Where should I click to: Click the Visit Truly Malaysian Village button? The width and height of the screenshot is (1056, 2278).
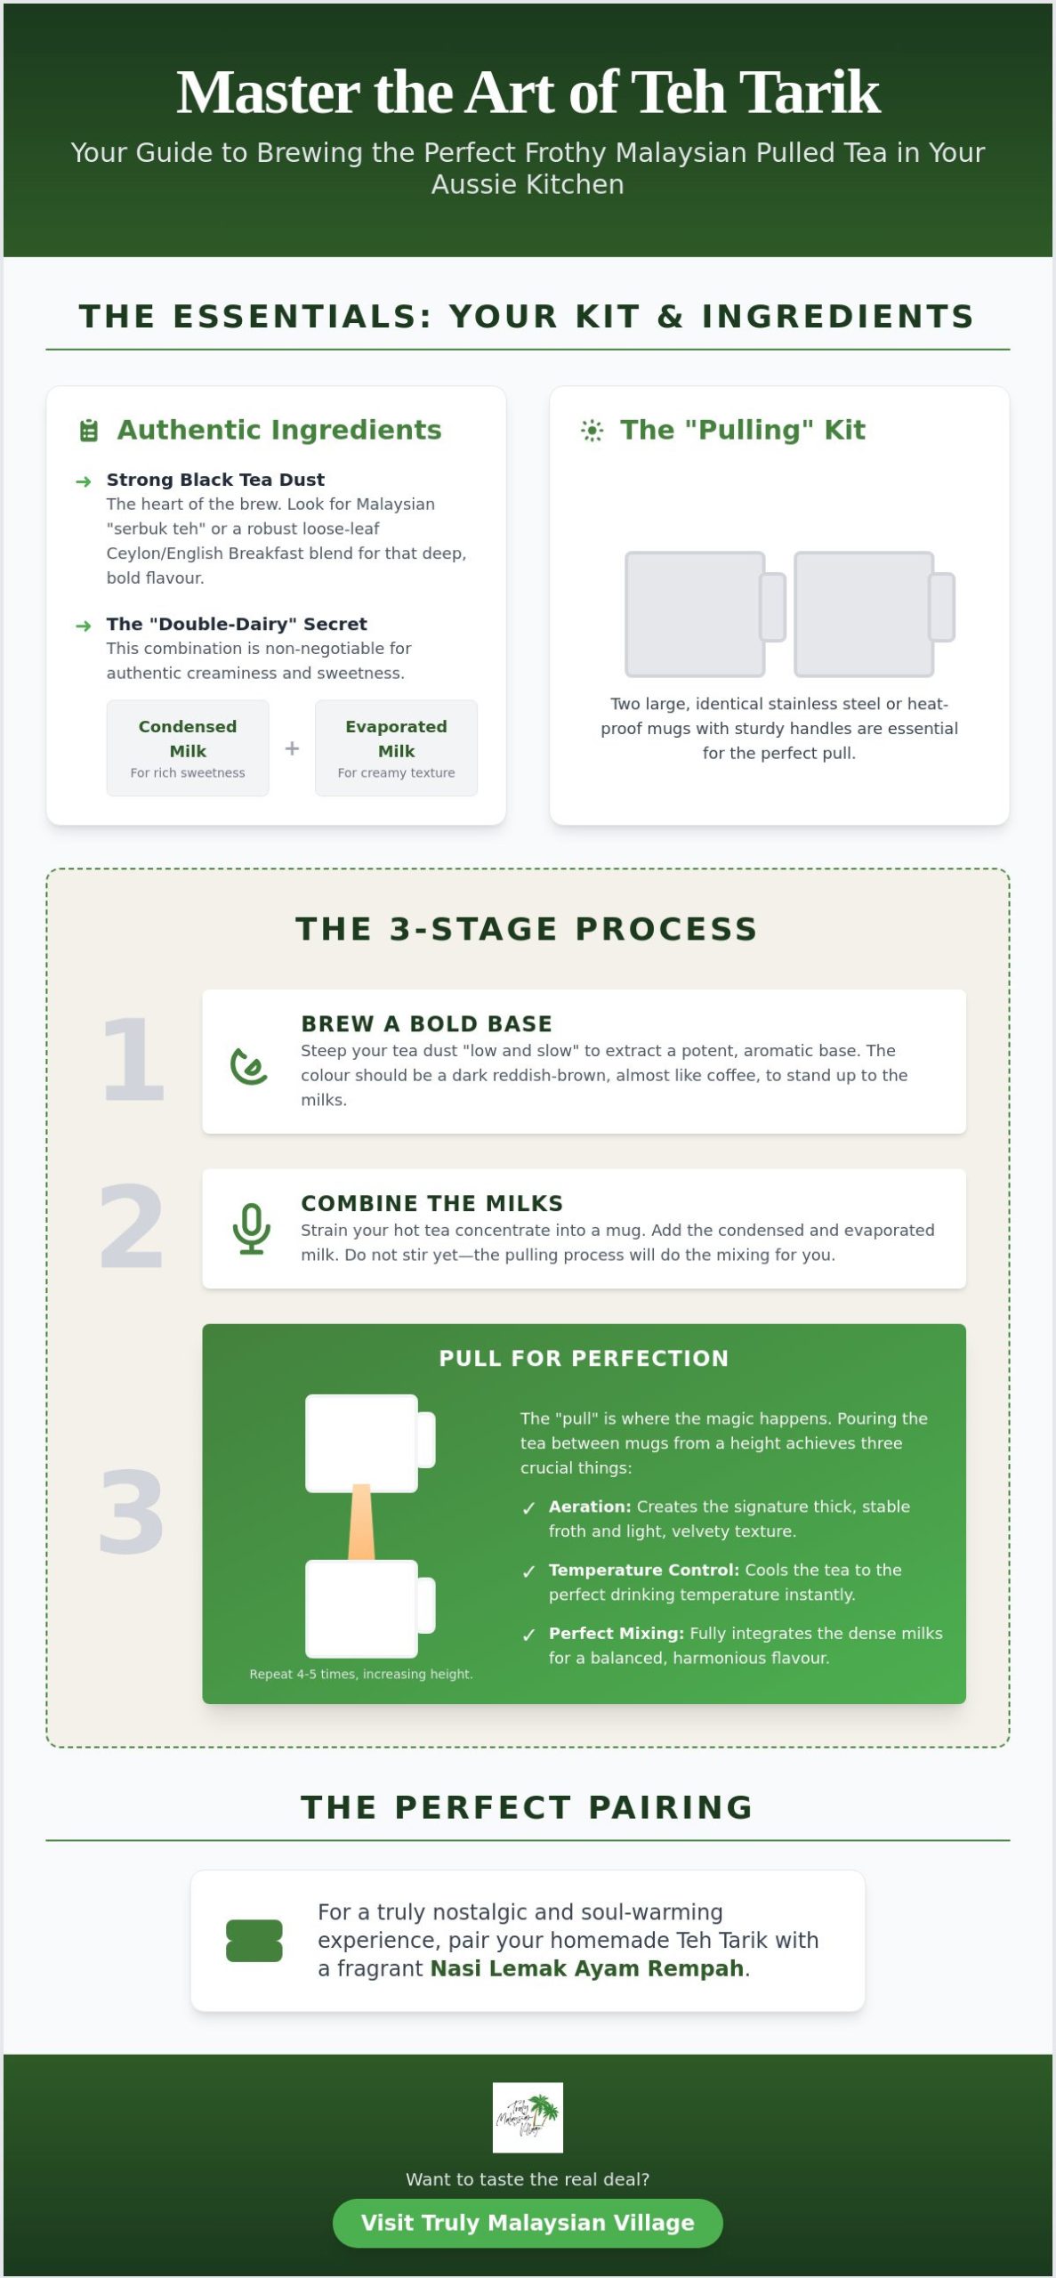528,2223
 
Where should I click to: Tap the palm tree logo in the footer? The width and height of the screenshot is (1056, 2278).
528,2117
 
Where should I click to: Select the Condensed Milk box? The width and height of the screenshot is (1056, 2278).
188,747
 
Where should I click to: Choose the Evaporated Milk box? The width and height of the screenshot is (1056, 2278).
396,747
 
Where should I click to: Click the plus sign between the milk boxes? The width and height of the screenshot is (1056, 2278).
292,748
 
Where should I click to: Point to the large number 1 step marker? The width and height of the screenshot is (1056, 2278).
133,1059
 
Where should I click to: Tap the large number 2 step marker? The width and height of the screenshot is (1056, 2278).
132,1227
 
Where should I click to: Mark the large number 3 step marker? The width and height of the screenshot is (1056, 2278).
132,1513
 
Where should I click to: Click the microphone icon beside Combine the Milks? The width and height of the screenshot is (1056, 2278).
252,1229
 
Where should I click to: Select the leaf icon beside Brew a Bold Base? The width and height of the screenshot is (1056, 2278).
249,1066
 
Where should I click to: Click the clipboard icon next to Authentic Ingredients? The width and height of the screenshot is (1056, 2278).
89,431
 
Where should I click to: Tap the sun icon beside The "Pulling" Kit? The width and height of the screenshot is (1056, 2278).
592,431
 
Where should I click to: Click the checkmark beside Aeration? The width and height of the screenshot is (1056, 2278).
529,1507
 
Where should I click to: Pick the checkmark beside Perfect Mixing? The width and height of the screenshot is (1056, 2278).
529,1634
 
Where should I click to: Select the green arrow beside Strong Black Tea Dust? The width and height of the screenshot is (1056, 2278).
84,481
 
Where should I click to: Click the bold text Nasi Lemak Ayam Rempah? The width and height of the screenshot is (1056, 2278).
587,1968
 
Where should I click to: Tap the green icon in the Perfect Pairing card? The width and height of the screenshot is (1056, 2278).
254,1941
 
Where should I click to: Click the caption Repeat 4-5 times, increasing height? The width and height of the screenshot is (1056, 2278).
361,1674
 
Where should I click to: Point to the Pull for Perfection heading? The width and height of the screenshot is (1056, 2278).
584,1358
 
